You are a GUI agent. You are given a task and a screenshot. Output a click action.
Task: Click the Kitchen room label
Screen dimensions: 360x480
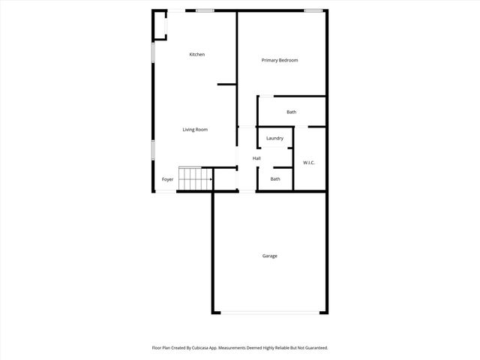(197, 55)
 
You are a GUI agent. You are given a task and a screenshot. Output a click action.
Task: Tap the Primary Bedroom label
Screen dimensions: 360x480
(280, 60)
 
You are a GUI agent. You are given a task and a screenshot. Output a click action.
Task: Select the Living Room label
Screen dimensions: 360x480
(195, 130)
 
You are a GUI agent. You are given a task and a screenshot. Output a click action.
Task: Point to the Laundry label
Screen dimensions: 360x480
(274, 138)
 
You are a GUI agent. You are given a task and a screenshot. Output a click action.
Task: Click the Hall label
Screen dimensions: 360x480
(256, 158)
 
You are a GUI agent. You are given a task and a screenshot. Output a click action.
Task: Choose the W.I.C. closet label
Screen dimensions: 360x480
(309, 163)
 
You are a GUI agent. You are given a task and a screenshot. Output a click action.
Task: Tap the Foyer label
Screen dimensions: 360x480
(167, 179)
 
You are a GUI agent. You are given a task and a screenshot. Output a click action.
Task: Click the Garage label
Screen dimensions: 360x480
(270, 256)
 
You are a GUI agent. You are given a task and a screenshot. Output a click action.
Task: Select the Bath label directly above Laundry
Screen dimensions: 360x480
(291, 112)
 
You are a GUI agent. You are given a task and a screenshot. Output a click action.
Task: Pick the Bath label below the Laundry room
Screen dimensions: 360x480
(275, 178)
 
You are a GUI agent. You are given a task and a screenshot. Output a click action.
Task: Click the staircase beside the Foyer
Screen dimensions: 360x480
(195, 179)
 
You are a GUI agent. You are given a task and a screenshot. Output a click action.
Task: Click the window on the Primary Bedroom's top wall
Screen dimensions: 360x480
(313, 10)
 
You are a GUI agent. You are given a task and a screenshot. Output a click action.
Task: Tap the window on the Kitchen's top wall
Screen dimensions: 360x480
(205, 10)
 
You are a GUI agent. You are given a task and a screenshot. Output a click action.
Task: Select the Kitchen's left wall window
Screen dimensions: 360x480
(154, 52)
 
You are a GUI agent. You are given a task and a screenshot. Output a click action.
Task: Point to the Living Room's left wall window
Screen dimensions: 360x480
(154, 149)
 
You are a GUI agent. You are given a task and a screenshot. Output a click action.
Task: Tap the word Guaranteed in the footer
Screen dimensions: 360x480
(313, 348)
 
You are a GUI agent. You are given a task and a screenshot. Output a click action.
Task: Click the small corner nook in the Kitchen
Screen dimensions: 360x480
(160, 24)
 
